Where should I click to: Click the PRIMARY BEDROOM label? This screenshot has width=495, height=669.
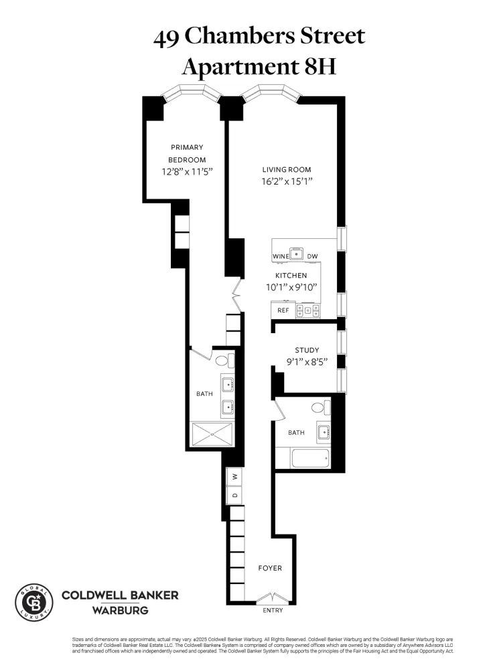pos(187,153)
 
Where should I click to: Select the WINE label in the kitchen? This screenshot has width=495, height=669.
pos(280,257)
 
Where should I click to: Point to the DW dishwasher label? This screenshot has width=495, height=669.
pos(313,257)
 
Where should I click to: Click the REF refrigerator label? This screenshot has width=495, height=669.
pos(283,310)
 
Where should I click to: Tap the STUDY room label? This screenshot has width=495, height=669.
pos(307,350)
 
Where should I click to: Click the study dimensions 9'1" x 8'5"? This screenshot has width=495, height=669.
pos(307,365)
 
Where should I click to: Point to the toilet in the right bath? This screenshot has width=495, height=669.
pos(318,407)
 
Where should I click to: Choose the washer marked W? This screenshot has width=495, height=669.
pos(234,476)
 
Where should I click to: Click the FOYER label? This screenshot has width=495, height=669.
pos(270,568)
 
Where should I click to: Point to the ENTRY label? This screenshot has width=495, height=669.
pos(273,610)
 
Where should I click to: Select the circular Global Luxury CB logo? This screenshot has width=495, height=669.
pos(33,602)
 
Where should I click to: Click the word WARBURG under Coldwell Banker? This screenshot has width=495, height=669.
pos(120,610)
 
